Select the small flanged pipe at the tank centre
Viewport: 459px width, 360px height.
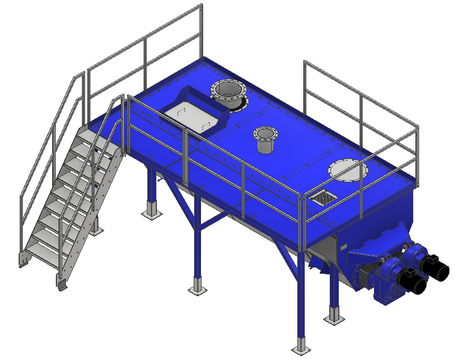pyautogui.click(x=264, y=139)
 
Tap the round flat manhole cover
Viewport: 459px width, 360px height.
pyautogui.click(x=348, y=171)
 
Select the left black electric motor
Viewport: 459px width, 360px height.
pyautogui.click(x=412, y=280)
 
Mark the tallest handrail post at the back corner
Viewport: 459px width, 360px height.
pyautogui.click(x=202, y=32)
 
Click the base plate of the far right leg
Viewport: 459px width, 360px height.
pyautogui.click(x=334, y=319)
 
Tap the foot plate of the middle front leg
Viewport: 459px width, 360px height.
pyautogui.click(x=197, y=289)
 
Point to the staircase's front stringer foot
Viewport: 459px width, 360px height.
pyautogui.click(x=63, y=284)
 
